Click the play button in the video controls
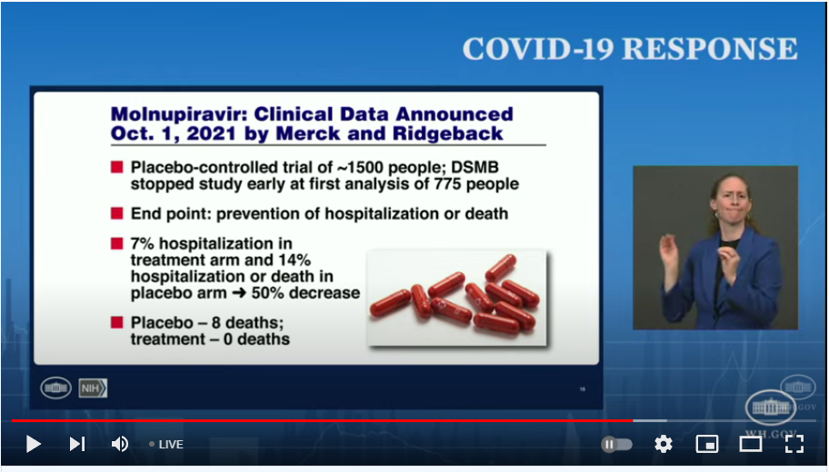tap(34, 444)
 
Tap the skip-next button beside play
tap(77, 444)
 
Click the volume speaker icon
tap(120, 444)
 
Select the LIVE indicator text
tap(171, 445)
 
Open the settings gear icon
tap(664, 444)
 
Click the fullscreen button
tap(794, 444)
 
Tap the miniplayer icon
tap(707, 444)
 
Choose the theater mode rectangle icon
tap(750, 444)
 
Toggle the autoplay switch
tap(616, 445)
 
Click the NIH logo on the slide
tap(93, 388)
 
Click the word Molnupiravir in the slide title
tap(179, 114)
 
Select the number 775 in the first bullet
tap(450, 183)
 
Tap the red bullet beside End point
tap(117, 213)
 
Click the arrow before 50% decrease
tap(239, 292)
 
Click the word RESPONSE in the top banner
tap(710, 49)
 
